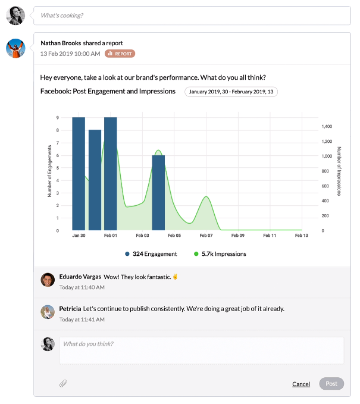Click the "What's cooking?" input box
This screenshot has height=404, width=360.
click(x=190, y=15)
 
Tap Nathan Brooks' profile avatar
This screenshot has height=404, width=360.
click(x=15, y=48)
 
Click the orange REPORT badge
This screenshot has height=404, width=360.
click(x=120, y=54)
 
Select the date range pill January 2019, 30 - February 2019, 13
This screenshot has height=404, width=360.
click(x=231, y=92)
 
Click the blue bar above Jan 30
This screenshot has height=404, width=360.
click(x=79, y=174)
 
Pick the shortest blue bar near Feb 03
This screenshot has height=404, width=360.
click(x=158, y=192)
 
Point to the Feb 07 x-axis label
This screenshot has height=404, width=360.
click(x=206, y=236)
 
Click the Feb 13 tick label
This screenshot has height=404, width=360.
click(x=302, y=236)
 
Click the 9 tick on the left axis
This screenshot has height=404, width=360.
click(x=58, y=118)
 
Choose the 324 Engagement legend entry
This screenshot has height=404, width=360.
click(x=151, y=254)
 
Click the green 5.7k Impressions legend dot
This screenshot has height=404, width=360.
click(x=196, y=254)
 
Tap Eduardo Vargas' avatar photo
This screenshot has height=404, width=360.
click(x=48, y=280)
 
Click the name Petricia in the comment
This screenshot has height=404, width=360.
click(x=70, y=309)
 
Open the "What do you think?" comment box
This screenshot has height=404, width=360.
click(x=201, y=350)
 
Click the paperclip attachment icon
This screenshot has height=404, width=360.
click(x=63, y=384)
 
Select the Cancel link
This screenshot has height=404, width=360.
click(x=301, y=384)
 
